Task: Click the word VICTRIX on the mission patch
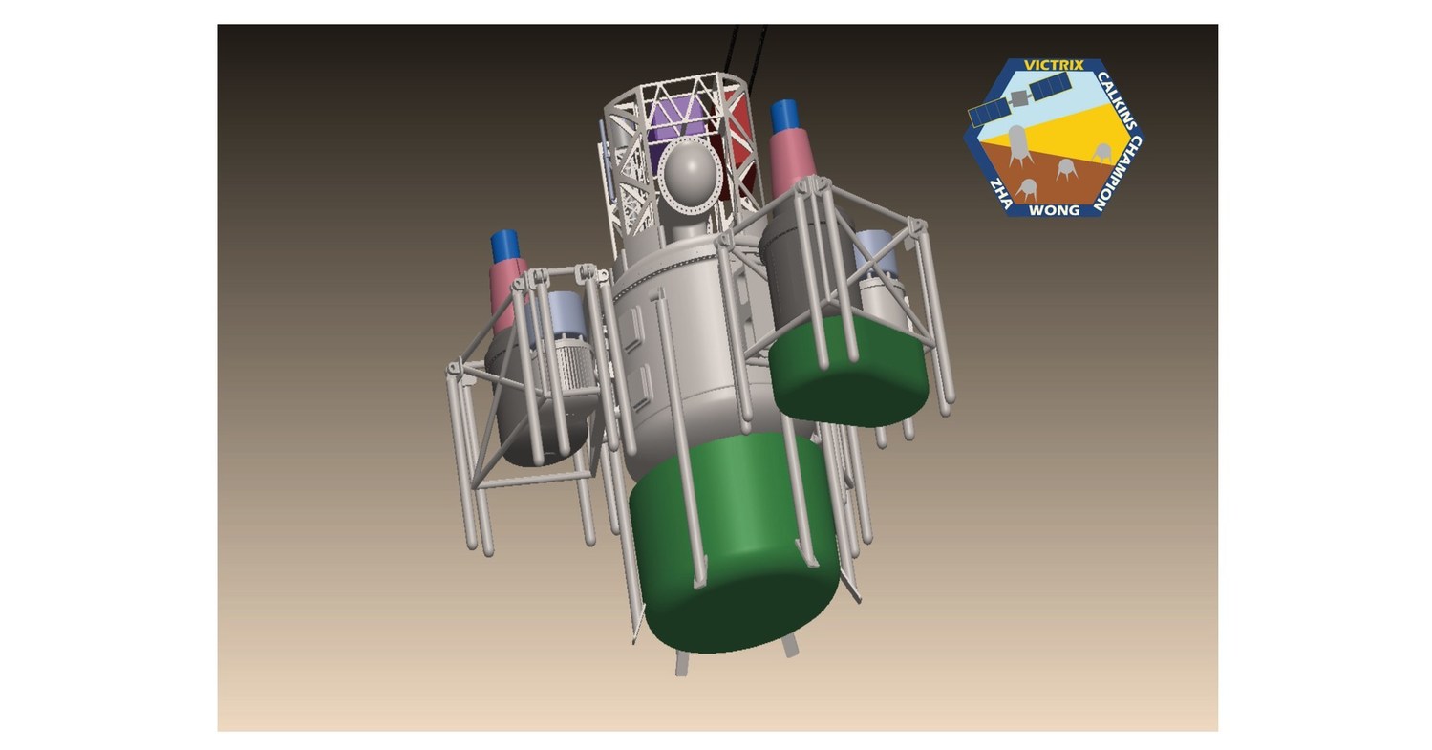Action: pos(1054,65)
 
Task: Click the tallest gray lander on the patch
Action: pos(1016,143)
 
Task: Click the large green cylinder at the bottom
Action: pos(734,545)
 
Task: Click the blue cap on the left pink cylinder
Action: pos(504,246)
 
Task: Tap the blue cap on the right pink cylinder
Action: pos(784,116)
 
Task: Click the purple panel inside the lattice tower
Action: pos(674,119)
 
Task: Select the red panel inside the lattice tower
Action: pos(741,143)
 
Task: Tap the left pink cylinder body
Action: pos(507,287)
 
